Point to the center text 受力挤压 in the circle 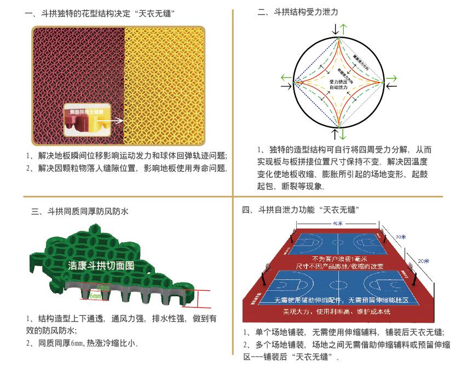coord(338,81)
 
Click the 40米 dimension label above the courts coord(337,224)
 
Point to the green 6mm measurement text coord(94,295)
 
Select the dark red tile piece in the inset coord(74,124)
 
